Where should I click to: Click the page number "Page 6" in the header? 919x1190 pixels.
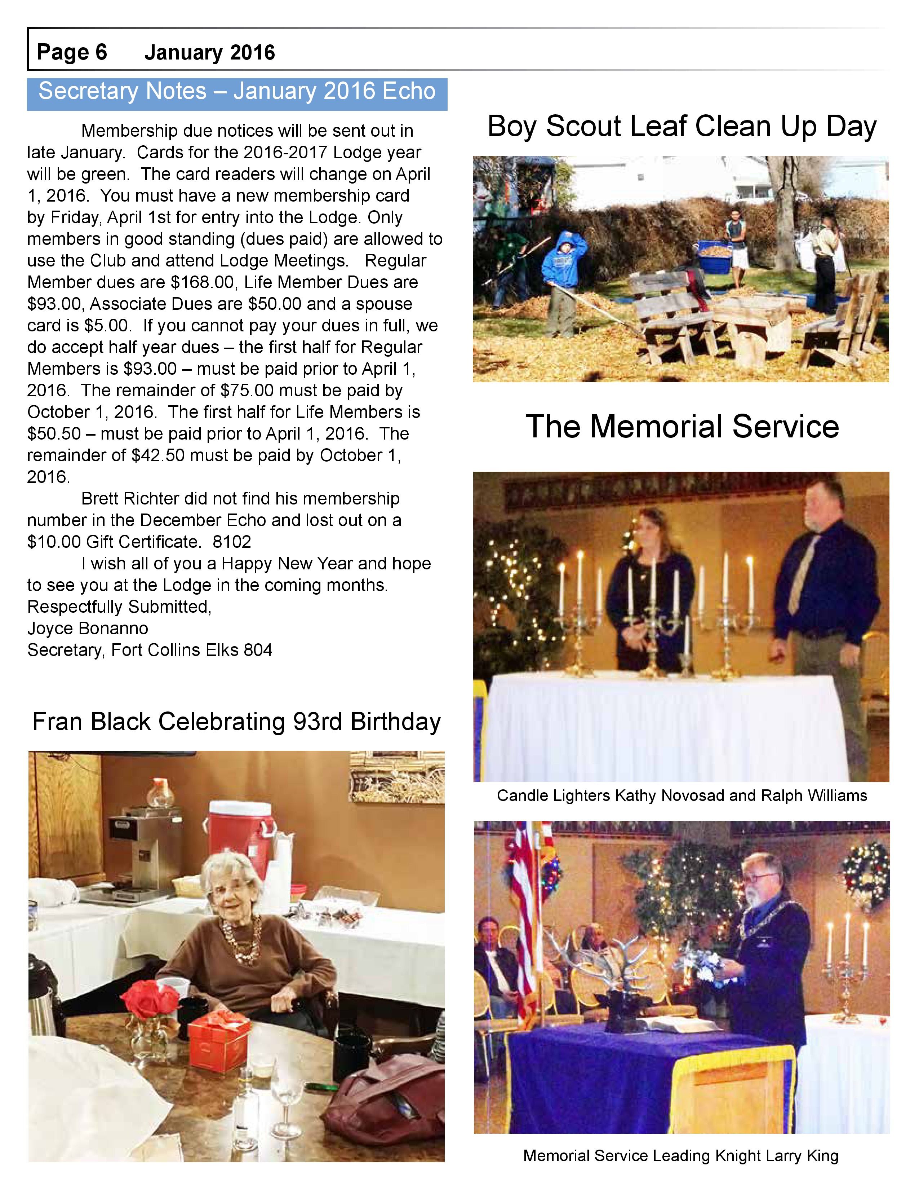(72, 52)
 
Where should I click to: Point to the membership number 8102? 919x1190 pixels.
(232, 542)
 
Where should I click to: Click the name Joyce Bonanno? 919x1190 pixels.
(88, 628)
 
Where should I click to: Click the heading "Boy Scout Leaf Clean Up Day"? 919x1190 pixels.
(682, 127)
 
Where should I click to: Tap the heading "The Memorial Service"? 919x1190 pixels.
(682, 426)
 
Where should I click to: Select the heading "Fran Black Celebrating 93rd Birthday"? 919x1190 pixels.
(236, 722)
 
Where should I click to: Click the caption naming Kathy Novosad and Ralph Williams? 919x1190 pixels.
(682, 795)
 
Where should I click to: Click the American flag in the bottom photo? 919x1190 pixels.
(526, 926)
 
